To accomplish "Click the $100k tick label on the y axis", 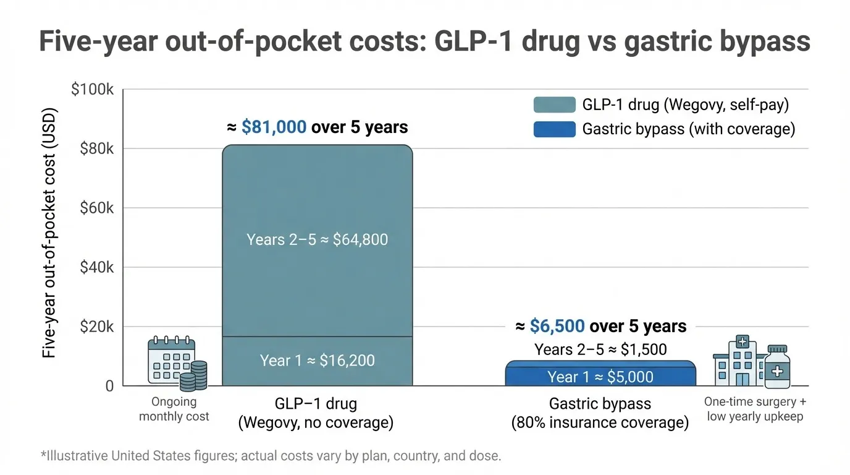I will tap(93, 89).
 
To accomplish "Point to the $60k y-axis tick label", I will tap(97, 208).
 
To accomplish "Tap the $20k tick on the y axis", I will tap(97, 327).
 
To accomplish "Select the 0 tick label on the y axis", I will tap(109, 386).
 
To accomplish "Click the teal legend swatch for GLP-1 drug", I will tap(554, 105).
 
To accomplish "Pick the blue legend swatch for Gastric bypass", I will tap(554, 129).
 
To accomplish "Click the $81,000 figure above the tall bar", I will tap(274, 127).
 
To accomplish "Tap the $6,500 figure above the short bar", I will tap(557, 326).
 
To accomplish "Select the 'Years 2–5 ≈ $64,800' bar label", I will tap(317, 239).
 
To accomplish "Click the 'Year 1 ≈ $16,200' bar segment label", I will tap(317, 360).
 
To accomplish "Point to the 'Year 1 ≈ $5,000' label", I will tap(600, 377).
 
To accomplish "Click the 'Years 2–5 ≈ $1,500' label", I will tap(600, 349).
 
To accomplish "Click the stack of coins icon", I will tap(198, 375).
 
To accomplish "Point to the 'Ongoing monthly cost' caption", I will tap(174, 409).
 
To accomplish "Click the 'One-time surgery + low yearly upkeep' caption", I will tap(755, 409).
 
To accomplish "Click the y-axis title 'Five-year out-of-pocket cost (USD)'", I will tap(49, 234).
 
